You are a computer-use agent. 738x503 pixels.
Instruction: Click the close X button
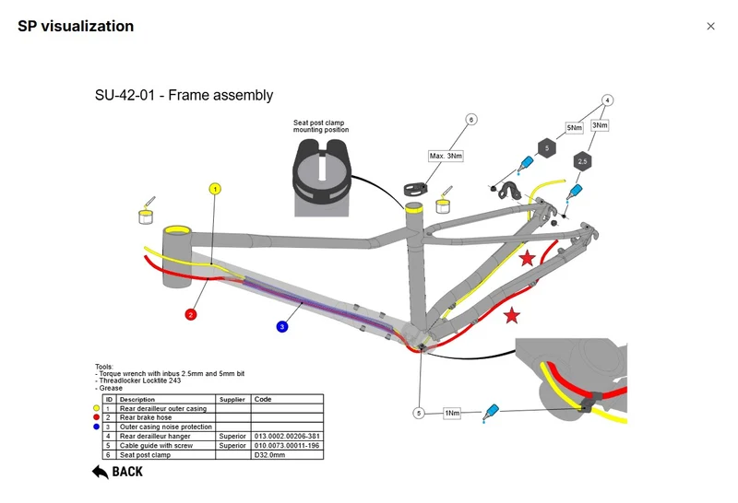[x=710, y=27]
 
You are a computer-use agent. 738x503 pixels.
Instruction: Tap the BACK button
[x=118, y=472]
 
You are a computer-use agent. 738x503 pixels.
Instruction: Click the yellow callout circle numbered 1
[x=215, y=189]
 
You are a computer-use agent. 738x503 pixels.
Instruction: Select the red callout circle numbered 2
[x=191, y=314]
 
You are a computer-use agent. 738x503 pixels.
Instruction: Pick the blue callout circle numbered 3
[x=282, y=327]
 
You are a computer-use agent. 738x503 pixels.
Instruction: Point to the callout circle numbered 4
[x=607, y=100]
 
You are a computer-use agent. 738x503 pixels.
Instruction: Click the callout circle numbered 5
[x=419, y=414]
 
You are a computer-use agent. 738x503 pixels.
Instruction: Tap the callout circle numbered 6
[x=471, y=120]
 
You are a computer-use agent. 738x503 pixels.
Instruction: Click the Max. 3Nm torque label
[x=446, y=156]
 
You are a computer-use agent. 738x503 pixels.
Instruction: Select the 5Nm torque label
[x=574, y=127]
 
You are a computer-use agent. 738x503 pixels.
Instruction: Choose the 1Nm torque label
[x=452, y=414]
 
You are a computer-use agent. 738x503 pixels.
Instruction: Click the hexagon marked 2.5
[x=583, y=161]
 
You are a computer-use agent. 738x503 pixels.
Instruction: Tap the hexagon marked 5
[x=547, y=148]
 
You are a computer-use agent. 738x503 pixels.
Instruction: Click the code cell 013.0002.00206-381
[x=287, y=437]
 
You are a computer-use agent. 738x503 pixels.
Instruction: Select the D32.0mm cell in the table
[x=287, y=455]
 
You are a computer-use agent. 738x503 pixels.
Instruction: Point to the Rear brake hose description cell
[x=166, y=417]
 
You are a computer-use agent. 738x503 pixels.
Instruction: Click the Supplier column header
[x=233, y=399]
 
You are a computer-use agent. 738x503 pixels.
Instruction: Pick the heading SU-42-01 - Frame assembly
[x=184, y=96]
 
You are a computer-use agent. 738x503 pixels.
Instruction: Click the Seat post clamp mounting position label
[x=321, y=126]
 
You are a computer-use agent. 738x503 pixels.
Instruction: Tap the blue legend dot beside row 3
[x=97, y=427]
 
